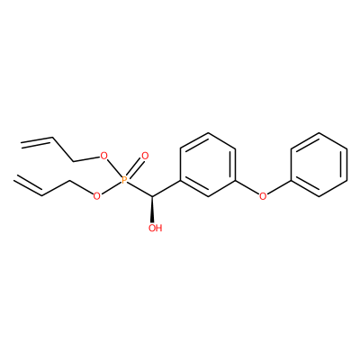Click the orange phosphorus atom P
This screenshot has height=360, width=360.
pyautogui.click(x=124, y=180)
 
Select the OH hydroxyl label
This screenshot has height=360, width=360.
pyautogui.click(x=155, y=228)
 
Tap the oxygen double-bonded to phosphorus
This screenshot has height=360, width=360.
pyautogui.click(x=145, y=156)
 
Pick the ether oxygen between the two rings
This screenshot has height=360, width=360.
pyautogui.click(x=263, y=196)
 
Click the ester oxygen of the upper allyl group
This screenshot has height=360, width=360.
pyautogui.click(x=103, y=156)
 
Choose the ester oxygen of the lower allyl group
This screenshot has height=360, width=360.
pyautogui.click(x=96, y=196)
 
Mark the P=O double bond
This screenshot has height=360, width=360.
pyautogui.click(x=135, y=168)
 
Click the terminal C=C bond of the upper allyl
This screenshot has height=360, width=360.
pyautogui.click(x=37, y=141)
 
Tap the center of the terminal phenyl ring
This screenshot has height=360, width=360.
pyautogui.click(x=319, y=165)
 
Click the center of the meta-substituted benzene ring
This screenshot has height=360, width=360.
pyautogui.click(x=208, y=165)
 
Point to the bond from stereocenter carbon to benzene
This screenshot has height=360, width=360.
pyautogui.click(x=166, y=189)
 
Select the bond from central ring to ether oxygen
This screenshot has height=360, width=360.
pyautogui.click(x=247, y=187)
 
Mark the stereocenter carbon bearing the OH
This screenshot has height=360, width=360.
pyautogui.click(x=153, y=197)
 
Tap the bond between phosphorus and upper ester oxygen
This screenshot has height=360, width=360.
pyautogui.click(x=114, y=168)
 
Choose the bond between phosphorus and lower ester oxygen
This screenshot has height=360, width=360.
pyautogui.click(x=111, y=188)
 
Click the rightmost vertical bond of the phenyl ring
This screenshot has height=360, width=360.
pyautogui.click(x=347, y=165)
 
